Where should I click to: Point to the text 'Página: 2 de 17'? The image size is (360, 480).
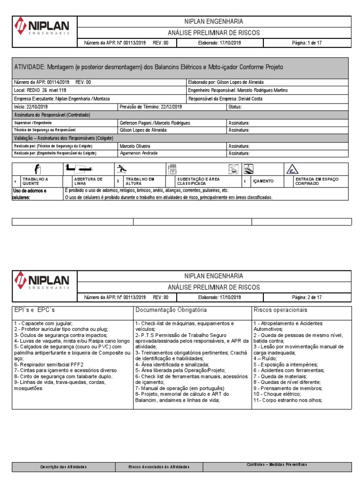click(307, 297)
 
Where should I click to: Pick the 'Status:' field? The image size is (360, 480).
click(235, 107)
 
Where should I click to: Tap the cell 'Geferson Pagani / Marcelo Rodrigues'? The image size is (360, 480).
click(155, 122)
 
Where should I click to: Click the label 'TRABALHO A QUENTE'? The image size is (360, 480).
click(36, 181)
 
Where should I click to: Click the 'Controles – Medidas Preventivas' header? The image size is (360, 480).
click(277, 464)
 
